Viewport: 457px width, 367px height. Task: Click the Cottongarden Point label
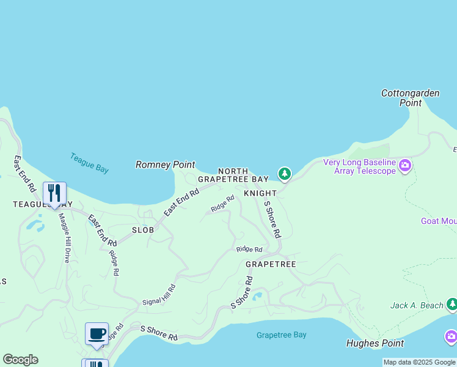tap(411, 98)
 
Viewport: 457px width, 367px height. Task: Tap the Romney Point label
tap(165, 165)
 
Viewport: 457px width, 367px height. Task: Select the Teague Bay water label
tap(89, 163)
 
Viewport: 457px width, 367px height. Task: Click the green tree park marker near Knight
tap(284, 174)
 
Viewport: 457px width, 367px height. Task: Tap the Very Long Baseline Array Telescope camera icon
tap(404, 166)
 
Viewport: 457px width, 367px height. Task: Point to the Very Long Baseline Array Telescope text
tap(359, 166)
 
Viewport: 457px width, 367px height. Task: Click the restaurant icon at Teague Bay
tap(54, 193)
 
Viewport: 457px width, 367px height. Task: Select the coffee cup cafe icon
tap(97, 334)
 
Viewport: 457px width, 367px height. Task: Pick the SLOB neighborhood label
tap(142, 230)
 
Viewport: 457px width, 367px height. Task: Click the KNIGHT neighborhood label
tap(260, 193)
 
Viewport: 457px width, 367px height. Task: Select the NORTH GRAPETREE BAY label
tap(233, 176)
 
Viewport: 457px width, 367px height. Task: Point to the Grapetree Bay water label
tap(281, 335)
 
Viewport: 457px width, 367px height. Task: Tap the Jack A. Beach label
tap(417, 305)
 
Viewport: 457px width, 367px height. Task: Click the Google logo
tap(20, 360)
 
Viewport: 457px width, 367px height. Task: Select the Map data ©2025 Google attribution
tap(419, 362)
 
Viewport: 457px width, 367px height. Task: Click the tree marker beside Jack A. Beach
tap(452, 304)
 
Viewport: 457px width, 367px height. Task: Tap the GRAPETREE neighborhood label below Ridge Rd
tap(271, 264)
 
